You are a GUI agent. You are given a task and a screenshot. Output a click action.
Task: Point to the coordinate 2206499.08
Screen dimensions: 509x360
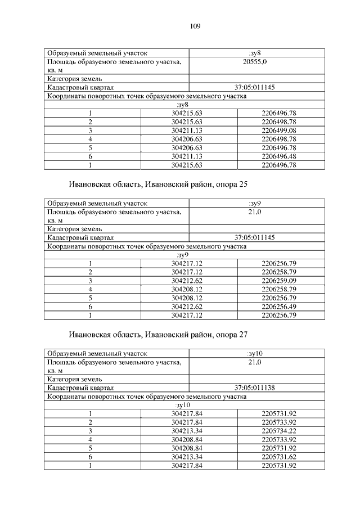pyautogui.click(x=279, y=130)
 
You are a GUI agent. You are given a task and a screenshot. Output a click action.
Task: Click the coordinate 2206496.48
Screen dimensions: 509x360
pyautogui.click(x=279, y=156)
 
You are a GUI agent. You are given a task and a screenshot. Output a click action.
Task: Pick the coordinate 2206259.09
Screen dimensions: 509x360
pyautogui.click(x=279, y=280)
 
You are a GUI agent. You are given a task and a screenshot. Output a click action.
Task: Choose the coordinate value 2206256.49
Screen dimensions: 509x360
pyautogui.click(x=279, y=307)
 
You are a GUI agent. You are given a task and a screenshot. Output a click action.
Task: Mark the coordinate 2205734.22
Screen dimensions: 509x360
pyautogui.click(x=279, y=431)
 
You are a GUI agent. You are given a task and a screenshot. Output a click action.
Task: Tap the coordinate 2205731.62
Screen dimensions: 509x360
pyautogui.click(x=279, y=457)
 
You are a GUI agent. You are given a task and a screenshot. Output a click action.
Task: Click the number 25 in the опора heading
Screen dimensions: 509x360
pyautogui.click(x=242, y=184)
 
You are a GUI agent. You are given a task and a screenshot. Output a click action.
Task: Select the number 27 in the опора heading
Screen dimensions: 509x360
pyautogui.click(x=242, y=335)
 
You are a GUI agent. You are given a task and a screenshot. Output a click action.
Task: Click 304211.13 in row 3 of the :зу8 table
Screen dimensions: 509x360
pyautogui.click(x=188, y=130)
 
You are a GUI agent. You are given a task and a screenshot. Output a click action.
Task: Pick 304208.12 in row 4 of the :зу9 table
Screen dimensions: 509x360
pyautogui.click(x=188, y=289)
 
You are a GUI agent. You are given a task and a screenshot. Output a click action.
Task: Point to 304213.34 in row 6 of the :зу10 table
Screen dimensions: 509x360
pyautogui.click(x=188, y=457)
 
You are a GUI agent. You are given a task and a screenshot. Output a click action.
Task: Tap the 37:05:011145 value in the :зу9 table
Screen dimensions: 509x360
pyautogui.click(x=254, y=237)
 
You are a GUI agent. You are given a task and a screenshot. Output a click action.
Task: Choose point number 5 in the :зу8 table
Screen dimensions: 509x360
pyautogui.click(x=90, y=147)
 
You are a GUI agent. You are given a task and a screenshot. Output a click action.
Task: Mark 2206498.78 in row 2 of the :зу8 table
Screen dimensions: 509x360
pyautogui.click(x=279, y=121)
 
